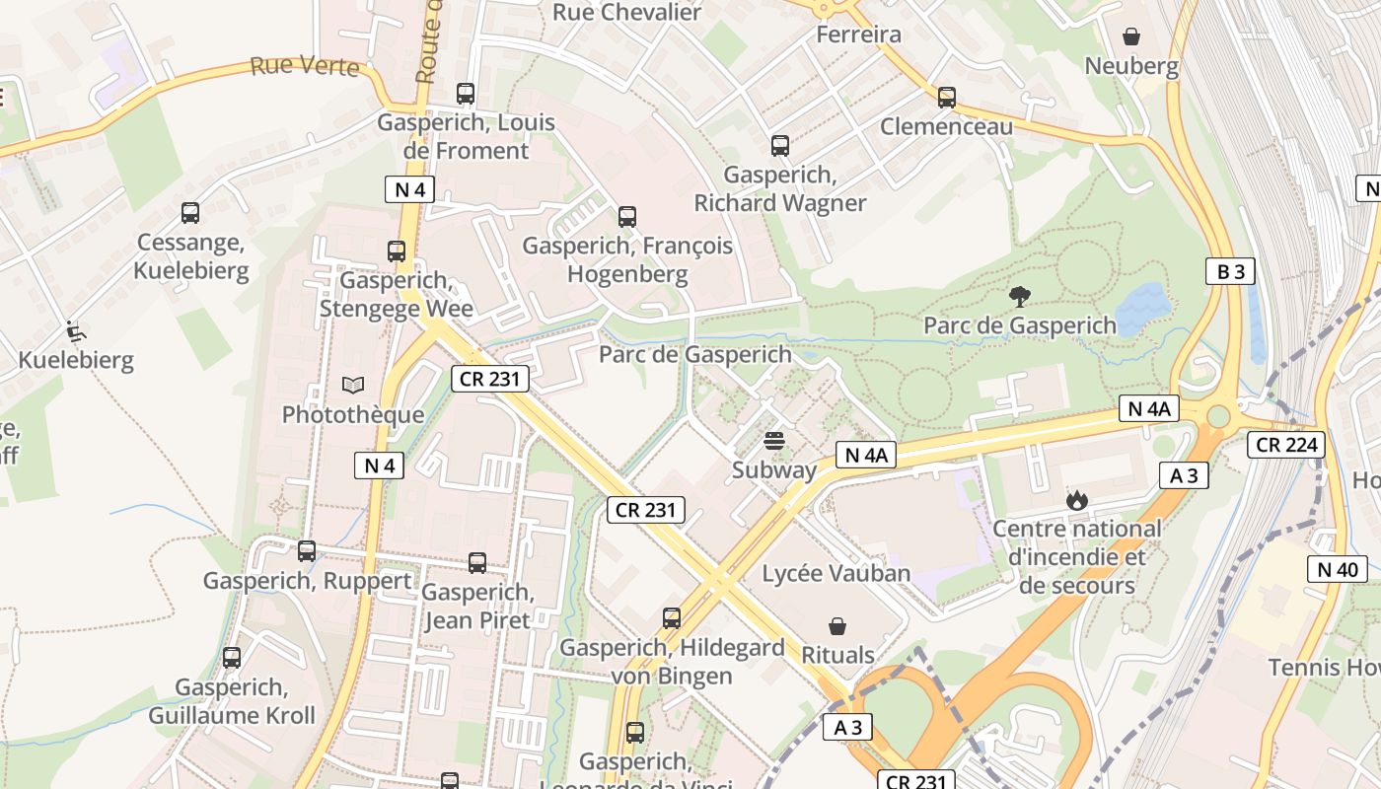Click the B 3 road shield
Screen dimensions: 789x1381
pos(1230,271)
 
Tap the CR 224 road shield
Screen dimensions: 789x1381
pos(1286,445)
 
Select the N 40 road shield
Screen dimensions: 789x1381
pos(1338,569)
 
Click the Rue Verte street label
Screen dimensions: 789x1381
pos(304,66)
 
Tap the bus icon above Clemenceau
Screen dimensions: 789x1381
pos(947,97)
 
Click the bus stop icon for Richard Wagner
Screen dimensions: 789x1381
pos(780,146)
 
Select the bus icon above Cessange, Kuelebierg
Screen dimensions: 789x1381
pos(190,212)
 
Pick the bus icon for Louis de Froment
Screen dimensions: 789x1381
pos(466,94)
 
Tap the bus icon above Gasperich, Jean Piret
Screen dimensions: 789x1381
pos(477,562)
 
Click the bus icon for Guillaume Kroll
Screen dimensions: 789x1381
pos(232,657)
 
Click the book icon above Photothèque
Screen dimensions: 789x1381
pos(352,385)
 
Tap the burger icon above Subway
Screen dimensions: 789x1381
pos(774,440)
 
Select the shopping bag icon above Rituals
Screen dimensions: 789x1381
pos(837,625)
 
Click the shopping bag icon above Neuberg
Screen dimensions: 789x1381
pos(1131,36)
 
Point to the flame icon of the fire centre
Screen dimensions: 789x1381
pos(1076,500)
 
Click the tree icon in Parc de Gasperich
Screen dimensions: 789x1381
pos(1019,295)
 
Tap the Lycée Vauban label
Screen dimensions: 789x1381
pos(836,573)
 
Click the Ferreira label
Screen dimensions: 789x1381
pos(859,35)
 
